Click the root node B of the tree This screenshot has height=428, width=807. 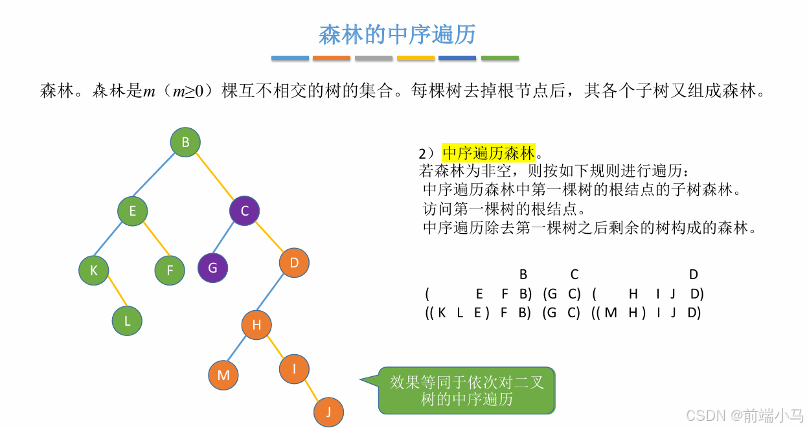(185, 142)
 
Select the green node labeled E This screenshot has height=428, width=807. (133, 210)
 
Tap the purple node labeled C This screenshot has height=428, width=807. (244, 210)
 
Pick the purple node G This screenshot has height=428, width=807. (212, 267)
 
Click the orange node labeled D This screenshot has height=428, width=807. (294, 262)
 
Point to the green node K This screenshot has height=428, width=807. (94, 271)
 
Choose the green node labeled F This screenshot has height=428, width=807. (170, 270)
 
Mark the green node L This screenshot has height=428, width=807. (127, 320)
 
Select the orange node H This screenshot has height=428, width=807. (256, 325)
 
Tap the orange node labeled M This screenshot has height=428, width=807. (223, 375)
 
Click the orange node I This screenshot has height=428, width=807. (294, 369)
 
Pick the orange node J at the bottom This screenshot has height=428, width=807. (328, 411)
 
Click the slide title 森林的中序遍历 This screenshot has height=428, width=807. (397, 35)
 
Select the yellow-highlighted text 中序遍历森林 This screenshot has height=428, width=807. (489, 153)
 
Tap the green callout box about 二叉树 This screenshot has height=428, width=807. (466, 390)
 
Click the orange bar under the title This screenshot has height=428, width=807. (331, 58)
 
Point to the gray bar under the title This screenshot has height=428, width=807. (374, 58)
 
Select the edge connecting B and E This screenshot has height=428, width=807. (159, 176)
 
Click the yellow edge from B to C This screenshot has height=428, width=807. (215, 175)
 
